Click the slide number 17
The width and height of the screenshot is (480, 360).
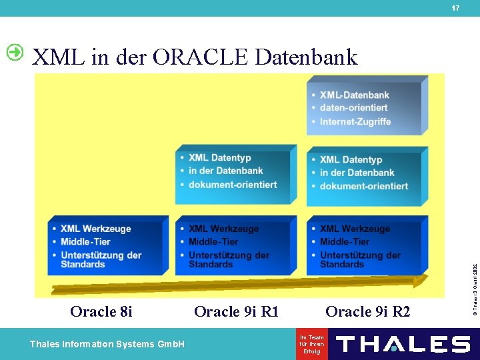click(x=455, y=8)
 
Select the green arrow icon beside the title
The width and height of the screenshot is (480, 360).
click(x=15, y=52)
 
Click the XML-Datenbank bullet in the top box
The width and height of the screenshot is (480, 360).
click(x=354, y=95)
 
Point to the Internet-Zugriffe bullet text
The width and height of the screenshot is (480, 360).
click(x=355, y=121)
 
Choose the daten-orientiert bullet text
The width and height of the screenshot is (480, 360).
click(x=353, y=108)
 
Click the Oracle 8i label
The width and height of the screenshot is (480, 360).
click(x=101, y=311)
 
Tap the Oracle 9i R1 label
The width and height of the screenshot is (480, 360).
click(x=236, y=311)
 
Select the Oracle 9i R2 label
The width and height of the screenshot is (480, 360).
click(x=368, y=311)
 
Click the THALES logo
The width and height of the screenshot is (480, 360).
click(x=403, y=344)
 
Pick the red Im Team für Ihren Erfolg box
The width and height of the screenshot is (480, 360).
click(x=312, y=344)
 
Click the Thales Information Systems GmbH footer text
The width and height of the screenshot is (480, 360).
click(x=107, y=344)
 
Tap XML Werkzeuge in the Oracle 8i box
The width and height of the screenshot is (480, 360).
click(x=95, y=229)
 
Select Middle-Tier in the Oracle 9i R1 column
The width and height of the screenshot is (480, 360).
click(x=213, y=241)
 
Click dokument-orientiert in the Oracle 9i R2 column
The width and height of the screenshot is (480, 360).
click(x=363, y=186)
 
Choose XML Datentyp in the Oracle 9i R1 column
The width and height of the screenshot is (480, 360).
click(x=220, y=158)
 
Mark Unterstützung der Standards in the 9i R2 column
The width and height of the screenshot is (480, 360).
click(x=360, y=259)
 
